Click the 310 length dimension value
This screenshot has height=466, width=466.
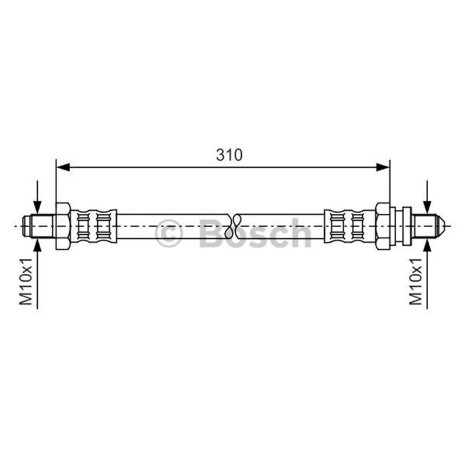229,155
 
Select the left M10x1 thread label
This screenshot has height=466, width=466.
26,281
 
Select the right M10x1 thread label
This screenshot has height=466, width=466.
415,281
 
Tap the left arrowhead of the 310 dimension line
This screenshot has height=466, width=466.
63,167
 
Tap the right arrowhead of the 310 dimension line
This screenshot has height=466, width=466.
383,167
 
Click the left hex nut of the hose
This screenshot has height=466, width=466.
63,226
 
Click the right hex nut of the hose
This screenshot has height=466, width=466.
383,226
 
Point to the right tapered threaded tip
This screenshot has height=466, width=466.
428,226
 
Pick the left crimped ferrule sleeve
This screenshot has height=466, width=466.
93,226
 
